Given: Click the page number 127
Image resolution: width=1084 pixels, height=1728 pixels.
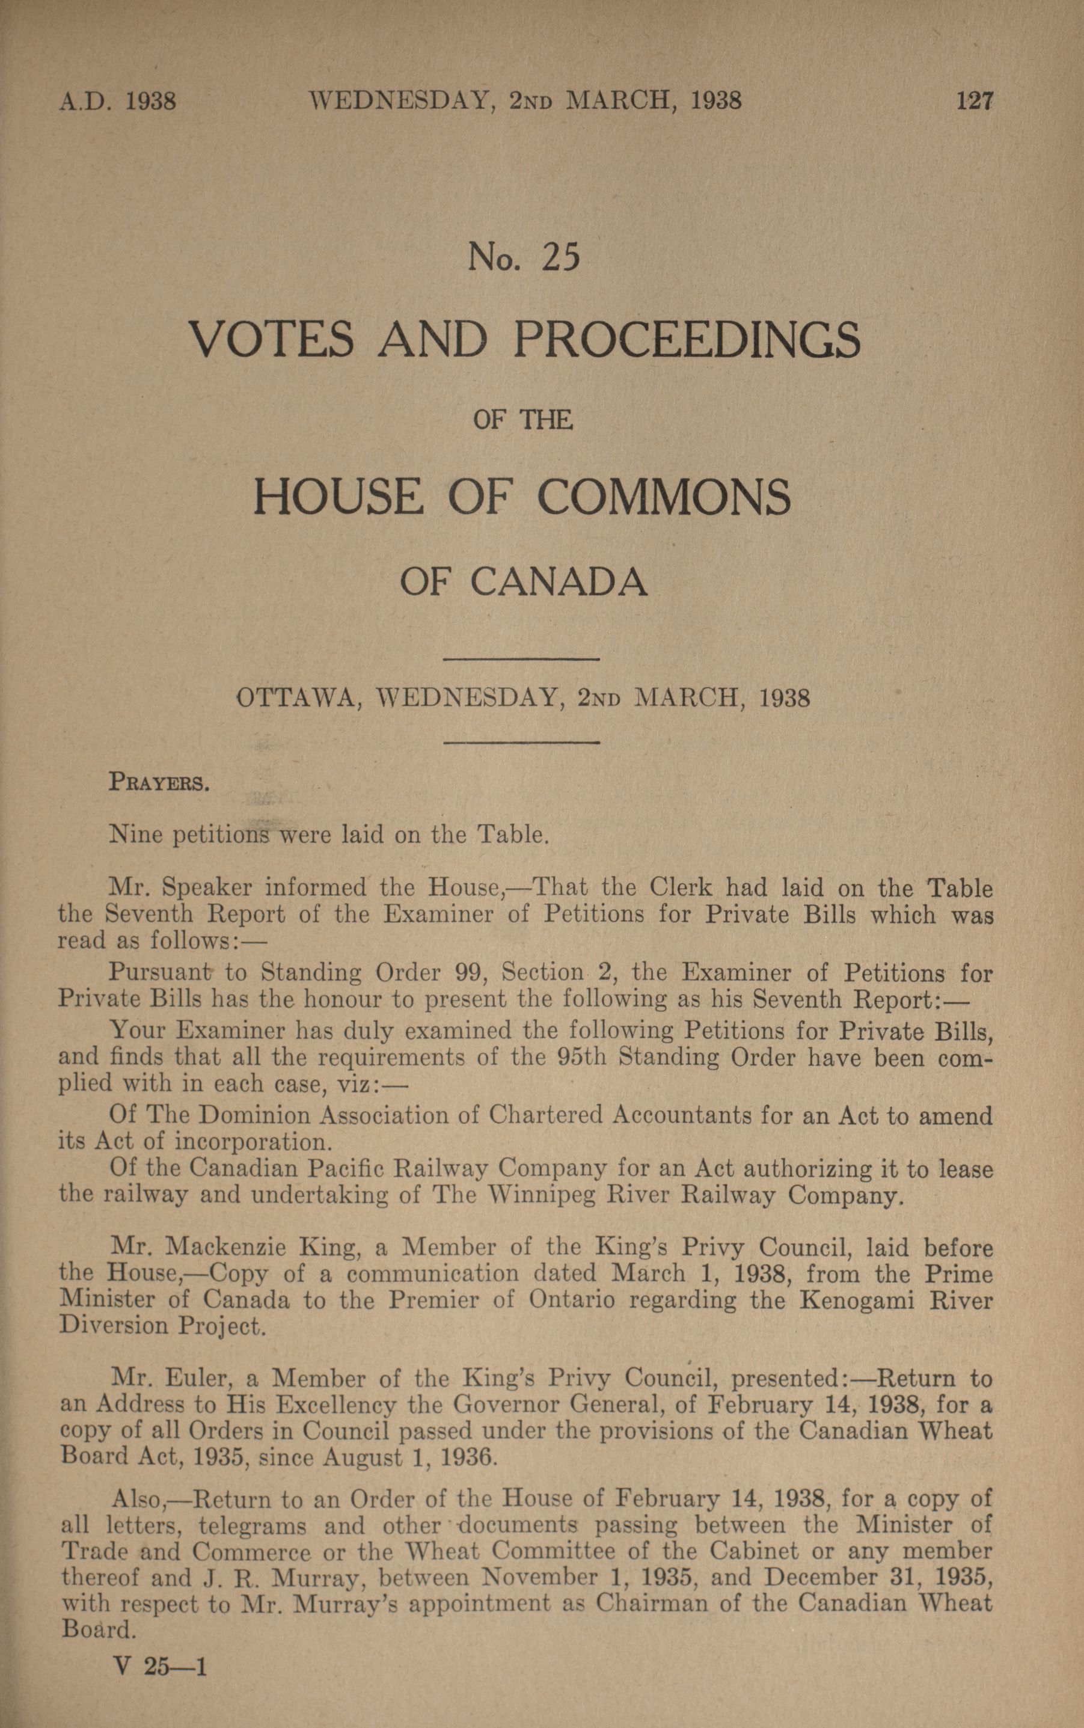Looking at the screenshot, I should click(x=975, y=100).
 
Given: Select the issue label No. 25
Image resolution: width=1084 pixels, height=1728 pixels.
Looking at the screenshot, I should click(x=522, y=258).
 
